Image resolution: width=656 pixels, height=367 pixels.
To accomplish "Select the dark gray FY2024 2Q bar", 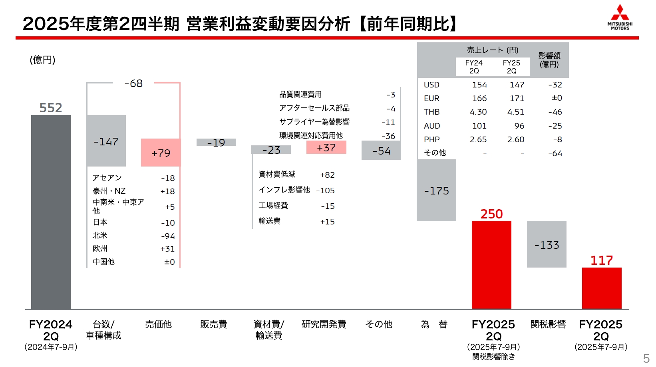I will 51,212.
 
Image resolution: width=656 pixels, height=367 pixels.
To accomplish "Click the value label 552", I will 51,108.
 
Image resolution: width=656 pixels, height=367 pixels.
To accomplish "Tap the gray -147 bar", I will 106,141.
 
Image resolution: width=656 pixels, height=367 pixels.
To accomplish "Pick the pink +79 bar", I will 161,153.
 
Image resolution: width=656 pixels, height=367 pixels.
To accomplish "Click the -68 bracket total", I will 133,83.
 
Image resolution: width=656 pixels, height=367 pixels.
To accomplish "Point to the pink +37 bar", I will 326,147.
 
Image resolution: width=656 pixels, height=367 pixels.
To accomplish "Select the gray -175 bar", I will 436,190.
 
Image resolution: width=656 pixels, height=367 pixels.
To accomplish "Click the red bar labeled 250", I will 491,264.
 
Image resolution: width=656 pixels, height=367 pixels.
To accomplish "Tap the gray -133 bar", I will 547,244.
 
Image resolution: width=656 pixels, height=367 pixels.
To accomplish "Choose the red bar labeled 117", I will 602,288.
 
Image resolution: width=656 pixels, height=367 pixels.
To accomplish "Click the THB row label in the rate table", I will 431,112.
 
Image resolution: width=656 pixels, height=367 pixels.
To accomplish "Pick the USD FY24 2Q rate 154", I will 479,85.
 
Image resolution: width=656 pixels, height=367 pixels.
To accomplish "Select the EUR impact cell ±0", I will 557,98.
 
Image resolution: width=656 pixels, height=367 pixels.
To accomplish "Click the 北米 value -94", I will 168,236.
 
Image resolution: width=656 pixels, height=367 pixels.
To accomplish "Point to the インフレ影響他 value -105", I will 325,190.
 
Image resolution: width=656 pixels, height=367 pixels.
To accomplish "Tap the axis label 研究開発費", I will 324,324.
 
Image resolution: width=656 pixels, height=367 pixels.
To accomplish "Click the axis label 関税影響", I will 548,324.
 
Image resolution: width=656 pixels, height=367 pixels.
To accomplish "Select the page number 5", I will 646,358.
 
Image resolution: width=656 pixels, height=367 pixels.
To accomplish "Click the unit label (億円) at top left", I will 42,60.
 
